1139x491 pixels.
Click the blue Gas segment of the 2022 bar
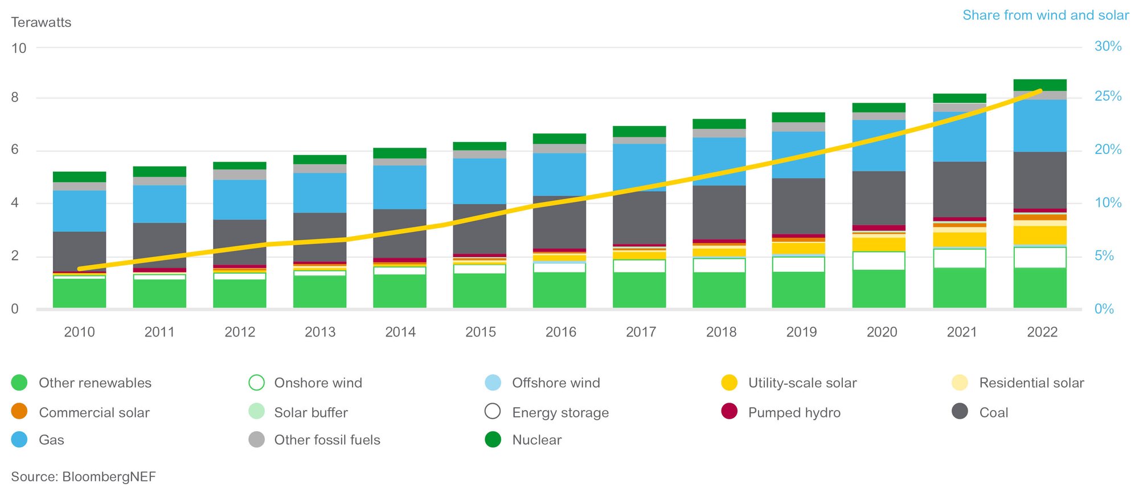click(1039, 125)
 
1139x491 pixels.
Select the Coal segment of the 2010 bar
click(79, 251)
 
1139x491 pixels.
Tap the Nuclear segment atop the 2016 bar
click(559, 139)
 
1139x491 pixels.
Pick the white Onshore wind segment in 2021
click(959, 258)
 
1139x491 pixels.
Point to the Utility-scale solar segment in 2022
click(1039, 234)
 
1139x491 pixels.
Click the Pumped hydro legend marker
click(729, 412)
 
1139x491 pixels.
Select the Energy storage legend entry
click(560, 412)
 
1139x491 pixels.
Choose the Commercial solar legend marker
click(19, 412)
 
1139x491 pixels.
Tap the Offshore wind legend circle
click(493, 383)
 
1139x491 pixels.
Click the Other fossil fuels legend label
click(327, 440)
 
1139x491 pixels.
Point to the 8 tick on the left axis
click(15, 98)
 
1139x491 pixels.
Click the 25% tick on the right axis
click(1108, 96)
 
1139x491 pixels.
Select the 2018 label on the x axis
click(721, 332)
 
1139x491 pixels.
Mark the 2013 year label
click(319, 332)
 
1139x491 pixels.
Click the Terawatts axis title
click(41, 22)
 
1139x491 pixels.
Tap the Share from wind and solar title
click(1046, 15)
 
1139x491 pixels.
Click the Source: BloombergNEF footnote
click(83, 477)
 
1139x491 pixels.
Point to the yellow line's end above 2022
click(1040, 91)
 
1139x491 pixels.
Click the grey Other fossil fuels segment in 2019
click(798, 127)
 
